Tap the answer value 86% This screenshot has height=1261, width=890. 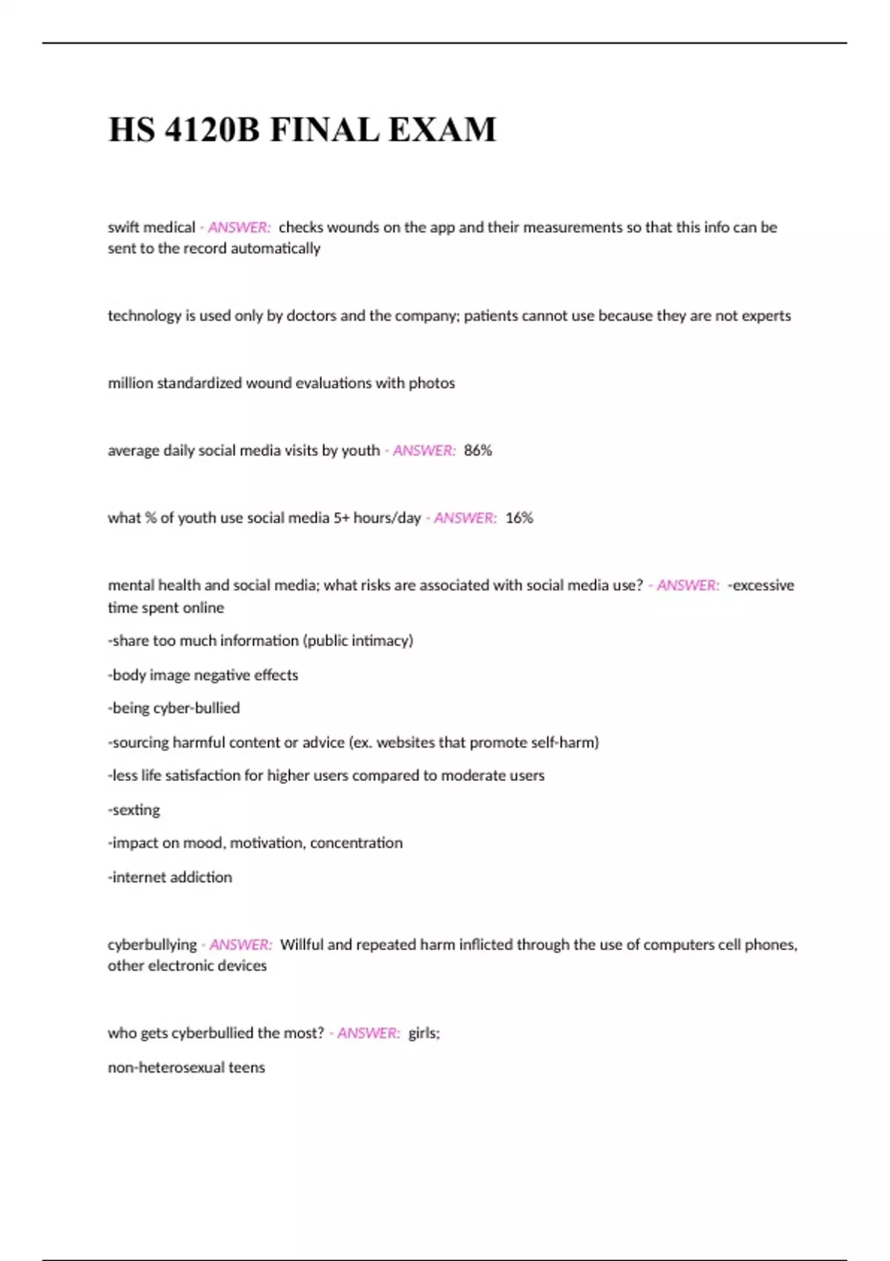478,450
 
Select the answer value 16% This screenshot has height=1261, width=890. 519,518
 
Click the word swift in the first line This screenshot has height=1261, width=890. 124,227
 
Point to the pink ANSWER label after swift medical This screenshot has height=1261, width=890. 239,227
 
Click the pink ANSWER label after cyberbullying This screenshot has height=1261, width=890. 240,944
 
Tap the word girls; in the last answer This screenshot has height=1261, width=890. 424,1033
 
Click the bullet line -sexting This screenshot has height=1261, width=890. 134,809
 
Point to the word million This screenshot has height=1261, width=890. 130,383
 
